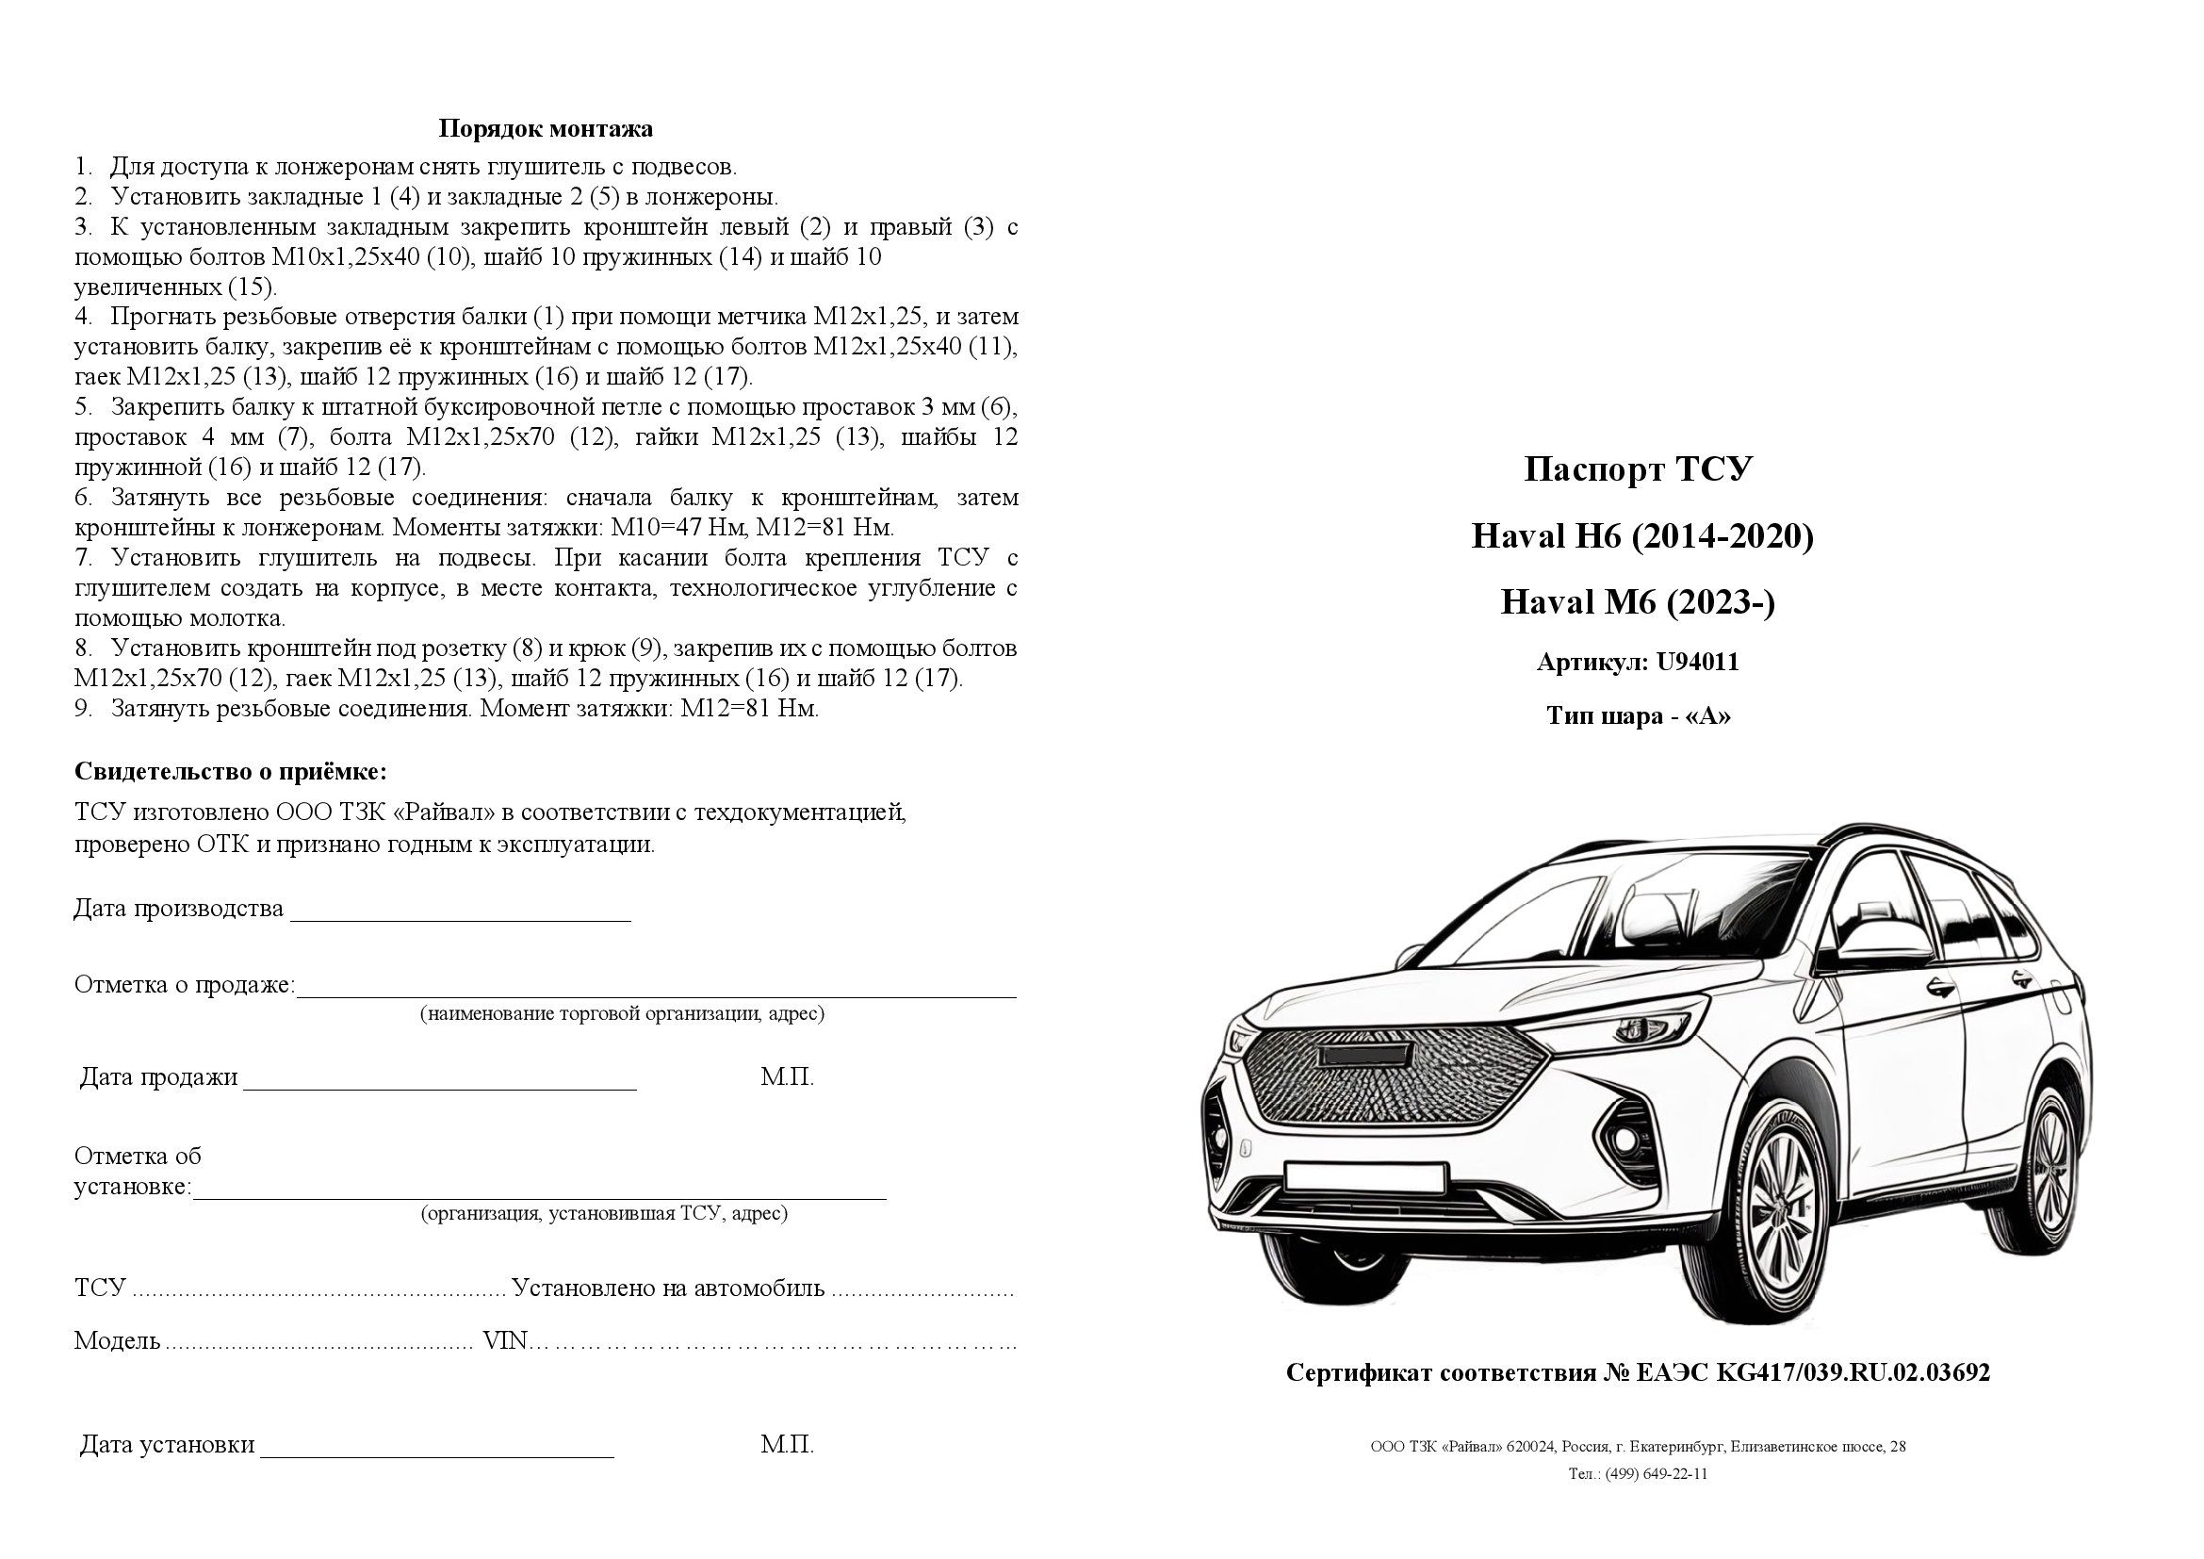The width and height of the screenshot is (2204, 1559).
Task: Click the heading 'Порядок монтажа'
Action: (546, 128)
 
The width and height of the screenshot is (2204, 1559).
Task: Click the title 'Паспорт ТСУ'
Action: (1638, 469)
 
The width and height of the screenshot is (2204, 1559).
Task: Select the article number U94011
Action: (1697, 663)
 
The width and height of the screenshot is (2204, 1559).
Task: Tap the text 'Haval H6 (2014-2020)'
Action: (1642, 536)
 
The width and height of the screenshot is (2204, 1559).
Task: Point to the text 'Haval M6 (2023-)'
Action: (1638, 603)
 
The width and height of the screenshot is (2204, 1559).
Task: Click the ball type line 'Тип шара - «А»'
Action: (1638, 716)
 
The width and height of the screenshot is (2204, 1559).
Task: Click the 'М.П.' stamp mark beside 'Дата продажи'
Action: (787, 1077)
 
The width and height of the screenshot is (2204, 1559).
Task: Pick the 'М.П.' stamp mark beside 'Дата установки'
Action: (787, 1445)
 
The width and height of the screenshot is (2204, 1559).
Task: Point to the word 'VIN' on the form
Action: (505, 1340)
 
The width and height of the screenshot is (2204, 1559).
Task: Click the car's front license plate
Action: (1365, 1177)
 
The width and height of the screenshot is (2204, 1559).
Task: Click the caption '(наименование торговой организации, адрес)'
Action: (622, 1014)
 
